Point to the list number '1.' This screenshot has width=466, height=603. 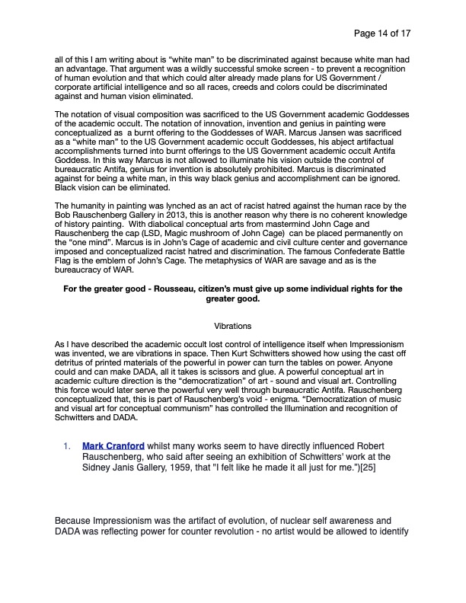tap(67, 445)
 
